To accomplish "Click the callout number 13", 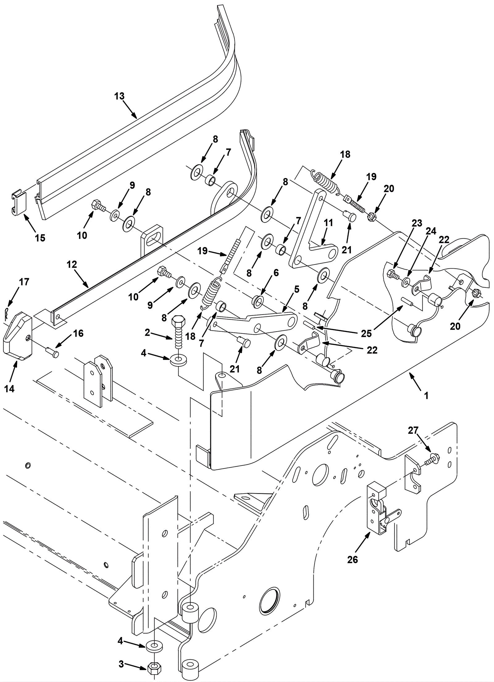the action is pyautogui.click(x=119, y=96).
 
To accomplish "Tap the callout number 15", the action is pyautogui.click(x=40, y=238).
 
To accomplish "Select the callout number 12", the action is pyautogui.click(x=72, y=264).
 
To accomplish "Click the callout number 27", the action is pyautogui.click(x=413, y=430).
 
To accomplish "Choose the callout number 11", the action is pyautogui.click(x=329, y=222).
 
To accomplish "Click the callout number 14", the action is pyautogui.click(x=10, y=389).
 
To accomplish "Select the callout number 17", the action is pyautogui.click(x=24, y=282).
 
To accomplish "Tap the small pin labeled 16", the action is pyautogui.click(x=52, y=352).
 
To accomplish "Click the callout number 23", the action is pyautogui.click(x=417, y=223).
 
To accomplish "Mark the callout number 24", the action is pyautogui.click(x=431, y=231).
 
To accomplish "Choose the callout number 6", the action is pyautogui.click(x=276, y=272).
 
